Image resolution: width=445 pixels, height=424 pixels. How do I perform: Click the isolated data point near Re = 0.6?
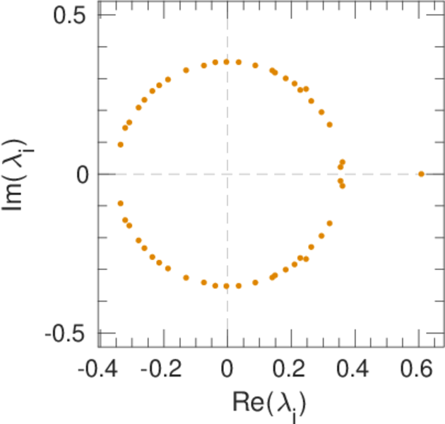point(421,174)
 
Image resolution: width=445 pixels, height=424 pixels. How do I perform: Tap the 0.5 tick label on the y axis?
point(71,16)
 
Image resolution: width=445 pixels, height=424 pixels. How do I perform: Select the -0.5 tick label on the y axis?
point(68,333)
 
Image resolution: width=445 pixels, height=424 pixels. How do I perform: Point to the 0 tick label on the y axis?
point(83,175)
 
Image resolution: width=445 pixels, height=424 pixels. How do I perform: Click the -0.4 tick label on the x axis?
point(97,369)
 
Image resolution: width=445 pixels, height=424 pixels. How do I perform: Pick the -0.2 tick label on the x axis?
point(162,369)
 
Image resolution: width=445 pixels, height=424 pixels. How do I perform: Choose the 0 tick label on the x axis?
point(227,369)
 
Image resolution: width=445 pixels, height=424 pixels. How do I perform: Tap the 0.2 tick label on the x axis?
point(291,369)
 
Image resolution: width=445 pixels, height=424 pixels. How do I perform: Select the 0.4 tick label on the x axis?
point(355,369)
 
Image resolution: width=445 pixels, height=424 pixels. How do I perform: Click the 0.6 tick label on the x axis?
point(420,369)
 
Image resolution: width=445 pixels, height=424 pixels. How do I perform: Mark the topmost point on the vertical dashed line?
point(227,61)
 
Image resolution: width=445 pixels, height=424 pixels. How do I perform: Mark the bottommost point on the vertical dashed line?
point(227,286)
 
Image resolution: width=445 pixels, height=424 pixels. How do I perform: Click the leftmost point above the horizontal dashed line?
point(120,144)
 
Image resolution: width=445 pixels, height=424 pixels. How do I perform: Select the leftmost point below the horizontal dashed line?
point(120,204)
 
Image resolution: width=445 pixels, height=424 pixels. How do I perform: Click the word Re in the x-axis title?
point(248,401)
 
